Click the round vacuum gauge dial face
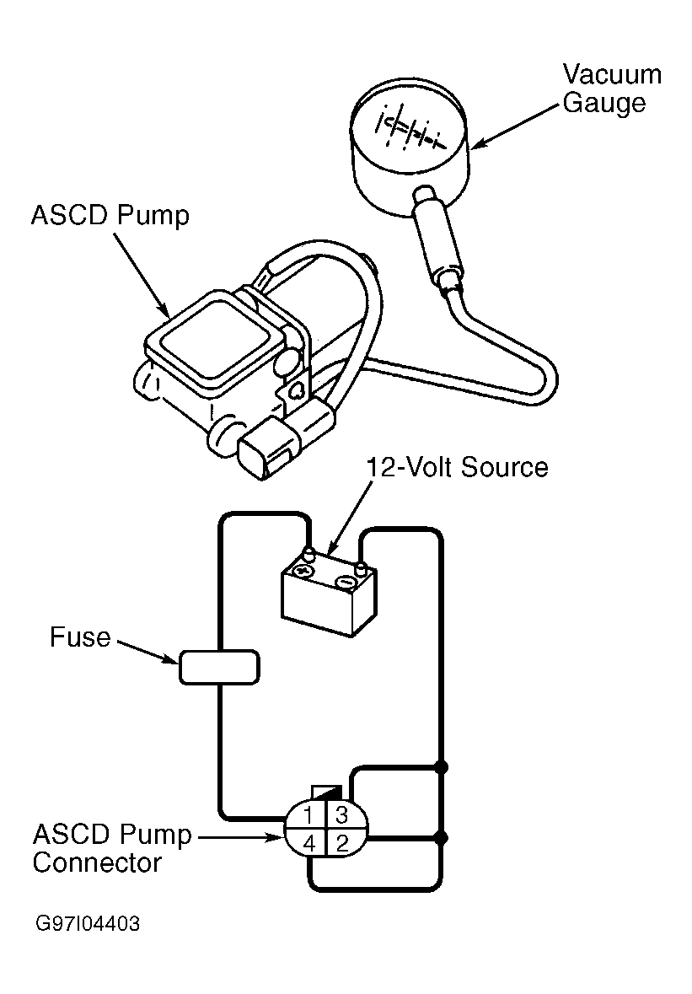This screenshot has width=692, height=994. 409,129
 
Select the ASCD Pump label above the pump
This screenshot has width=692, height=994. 110,216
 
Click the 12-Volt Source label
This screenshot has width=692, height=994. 458,467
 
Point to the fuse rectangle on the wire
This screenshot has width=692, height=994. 219,667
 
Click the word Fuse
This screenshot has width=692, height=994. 80,637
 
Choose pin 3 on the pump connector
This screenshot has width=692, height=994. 341,814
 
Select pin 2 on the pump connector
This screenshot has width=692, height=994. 342,844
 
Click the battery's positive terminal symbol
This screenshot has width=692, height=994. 303,571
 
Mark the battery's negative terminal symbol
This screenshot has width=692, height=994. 345,581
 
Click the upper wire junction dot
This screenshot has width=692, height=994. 443,768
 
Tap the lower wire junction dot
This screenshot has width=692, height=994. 443,838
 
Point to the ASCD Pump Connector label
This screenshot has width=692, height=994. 112,848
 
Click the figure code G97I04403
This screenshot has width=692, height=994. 88,924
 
